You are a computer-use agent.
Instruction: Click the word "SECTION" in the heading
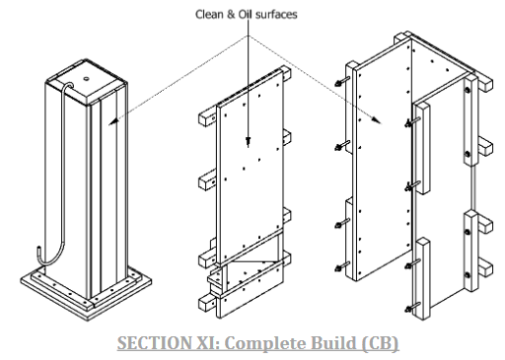tap(154, 342)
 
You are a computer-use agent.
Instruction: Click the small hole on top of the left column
tap(86, 79)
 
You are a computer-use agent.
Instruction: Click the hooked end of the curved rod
tap(38, 253)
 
